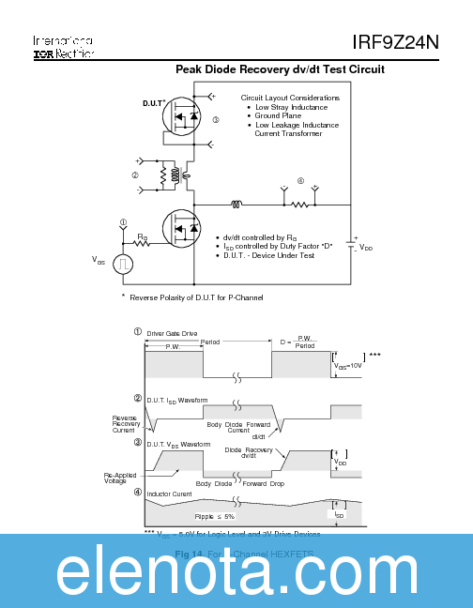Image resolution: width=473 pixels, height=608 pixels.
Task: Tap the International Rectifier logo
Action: (x=62, y=48)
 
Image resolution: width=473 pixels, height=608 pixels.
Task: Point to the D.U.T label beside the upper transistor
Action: (x=154, y=103)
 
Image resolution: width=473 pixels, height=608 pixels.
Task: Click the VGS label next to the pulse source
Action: (x=99, y=259)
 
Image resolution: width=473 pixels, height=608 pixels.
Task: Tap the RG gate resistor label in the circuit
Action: (x=143, y=237)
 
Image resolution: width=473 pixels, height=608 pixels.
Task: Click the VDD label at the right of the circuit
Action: (x=366, y=248)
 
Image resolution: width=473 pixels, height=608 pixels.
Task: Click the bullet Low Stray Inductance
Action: (x=291, y=107)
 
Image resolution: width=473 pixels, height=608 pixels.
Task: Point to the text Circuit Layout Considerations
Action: (x=290, y=98)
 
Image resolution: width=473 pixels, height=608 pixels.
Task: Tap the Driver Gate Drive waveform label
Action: (x=172, y=333)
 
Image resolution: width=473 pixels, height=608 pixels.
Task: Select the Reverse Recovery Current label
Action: (x=125, y=424)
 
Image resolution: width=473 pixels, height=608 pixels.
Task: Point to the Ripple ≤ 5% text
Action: (x=215, y=516)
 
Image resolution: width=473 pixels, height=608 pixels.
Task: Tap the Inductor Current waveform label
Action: (x=169, y=494)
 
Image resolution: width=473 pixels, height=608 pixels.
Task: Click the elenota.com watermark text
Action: (x=236, y=571)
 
